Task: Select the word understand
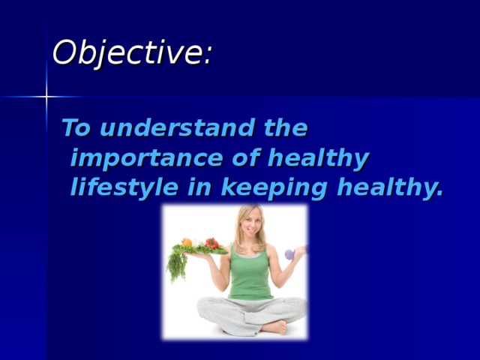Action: (x=176, y=129)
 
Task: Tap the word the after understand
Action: (x=286, y=129)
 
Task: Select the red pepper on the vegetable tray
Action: (x=211, y=243)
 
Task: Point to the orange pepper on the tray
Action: (x=187, y=243)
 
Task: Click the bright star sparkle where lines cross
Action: (x=46, y=97)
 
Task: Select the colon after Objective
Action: (x=207, y=57)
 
